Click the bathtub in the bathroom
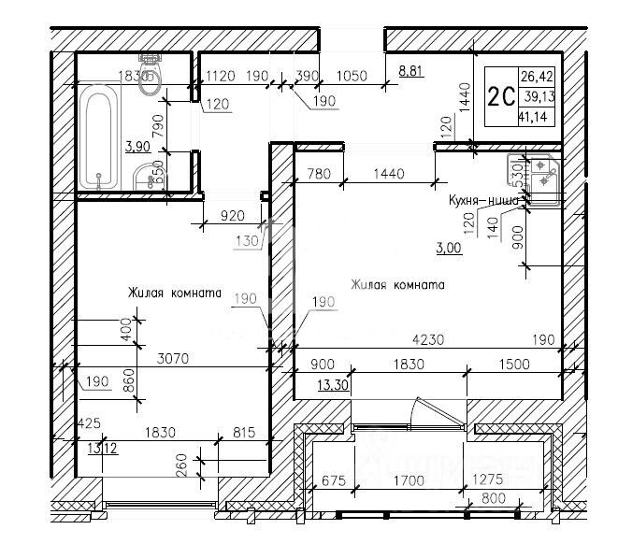(x=99, y=137)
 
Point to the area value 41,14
(x=536, y=117)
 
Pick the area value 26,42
(x=536, y=77)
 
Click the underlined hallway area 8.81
(x=411, y=70)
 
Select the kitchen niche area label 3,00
(x=449, y=248)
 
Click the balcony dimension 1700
(x=409, y=481)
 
